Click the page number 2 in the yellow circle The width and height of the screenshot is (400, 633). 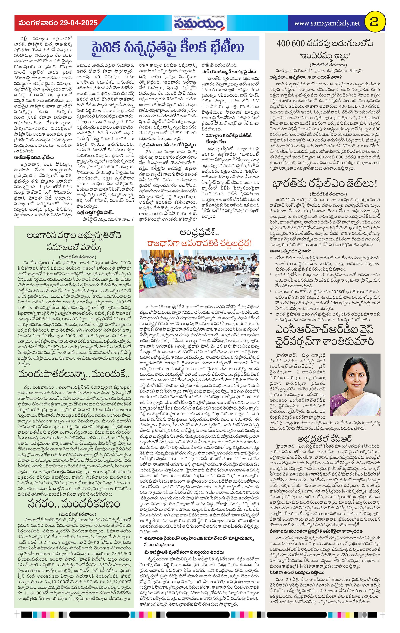point(375,23)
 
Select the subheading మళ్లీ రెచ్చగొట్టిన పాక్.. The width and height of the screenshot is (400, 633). point(95,212)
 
